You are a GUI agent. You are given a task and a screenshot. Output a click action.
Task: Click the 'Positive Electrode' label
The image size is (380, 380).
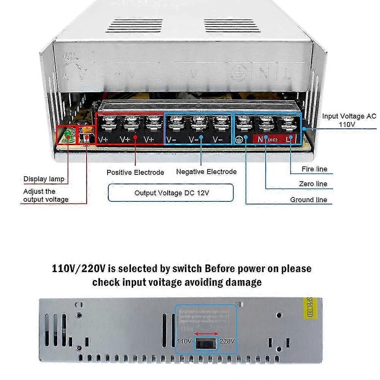point(135,173)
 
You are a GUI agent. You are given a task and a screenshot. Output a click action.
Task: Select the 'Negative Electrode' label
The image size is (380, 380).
point(206,172)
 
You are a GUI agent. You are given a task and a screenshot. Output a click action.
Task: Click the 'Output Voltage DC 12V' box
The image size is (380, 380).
point(171,193)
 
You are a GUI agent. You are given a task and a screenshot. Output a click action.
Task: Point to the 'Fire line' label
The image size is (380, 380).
point(314,169)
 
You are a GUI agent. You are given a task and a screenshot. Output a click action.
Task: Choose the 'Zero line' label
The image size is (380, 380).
point(313,184)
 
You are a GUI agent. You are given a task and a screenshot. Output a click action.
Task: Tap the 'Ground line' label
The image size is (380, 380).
point(309,200)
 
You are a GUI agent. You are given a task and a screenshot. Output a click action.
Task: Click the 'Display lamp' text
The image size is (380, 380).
point(44,179)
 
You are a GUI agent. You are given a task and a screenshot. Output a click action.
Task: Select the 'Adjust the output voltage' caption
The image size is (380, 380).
point(46,195)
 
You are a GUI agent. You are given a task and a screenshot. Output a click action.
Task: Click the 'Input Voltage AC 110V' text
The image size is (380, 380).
point(349,120)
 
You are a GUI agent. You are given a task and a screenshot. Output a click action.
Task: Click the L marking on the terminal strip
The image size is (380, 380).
point(290,139)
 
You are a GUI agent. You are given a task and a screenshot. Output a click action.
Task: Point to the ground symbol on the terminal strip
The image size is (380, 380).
point(239,139)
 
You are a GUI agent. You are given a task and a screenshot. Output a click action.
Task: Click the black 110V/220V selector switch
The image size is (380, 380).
point(206,344)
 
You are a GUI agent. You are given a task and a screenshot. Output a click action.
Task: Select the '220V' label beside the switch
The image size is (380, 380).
point(227,341)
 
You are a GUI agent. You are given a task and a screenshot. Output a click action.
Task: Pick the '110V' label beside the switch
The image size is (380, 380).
point(184,341)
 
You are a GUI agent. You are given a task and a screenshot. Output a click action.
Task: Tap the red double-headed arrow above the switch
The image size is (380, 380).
point(206,332)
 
